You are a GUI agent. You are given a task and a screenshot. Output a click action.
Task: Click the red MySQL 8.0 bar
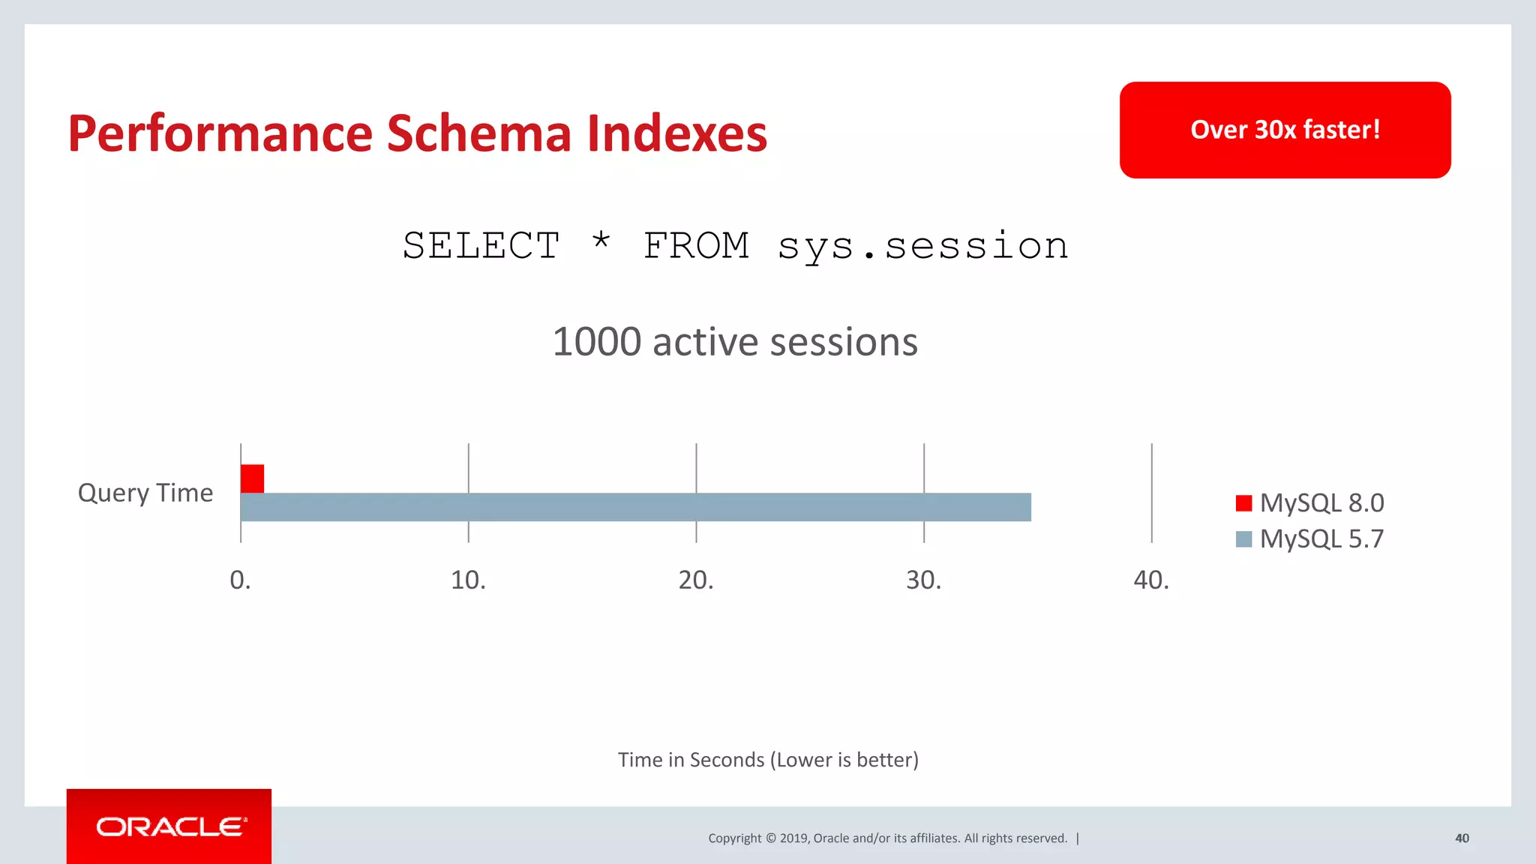click(x=252, y=478)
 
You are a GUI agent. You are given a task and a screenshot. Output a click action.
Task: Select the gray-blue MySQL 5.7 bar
click(x=635, y=507)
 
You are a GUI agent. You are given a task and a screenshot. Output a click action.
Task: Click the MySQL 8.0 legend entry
click(x=1309, y=502)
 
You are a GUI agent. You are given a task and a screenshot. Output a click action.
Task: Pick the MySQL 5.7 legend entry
click(x=1309, y=538)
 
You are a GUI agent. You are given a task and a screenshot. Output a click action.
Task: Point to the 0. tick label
click(x=240, y=580)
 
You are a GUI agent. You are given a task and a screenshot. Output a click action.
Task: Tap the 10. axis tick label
click(x=468, y=580)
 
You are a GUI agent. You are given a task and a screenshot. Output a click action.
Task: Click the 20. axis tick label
click(x=696, y=580)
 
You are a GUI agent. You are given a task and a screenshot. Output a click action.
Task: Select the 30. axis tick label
click(x=923, y=580)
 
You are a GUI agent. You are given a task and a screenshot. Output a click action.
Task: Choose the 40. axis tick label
click(x=1151, y=580)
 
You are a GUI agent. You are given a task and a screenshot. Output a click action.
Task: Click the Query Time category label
click(x=145, y=493)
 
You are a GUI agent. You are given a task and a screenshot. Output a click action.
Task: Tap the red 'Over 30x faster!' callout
click(x=1285, y=130)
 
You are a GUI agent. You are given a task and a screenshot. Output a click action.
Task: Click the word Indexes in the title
click(x=676, y=133)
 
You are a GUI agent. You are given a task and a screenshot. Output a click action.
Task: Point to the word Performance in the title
click(x=220, y=133)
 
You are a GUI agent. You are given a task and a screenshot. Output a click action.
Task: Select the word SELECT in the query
click(x=481, y=246)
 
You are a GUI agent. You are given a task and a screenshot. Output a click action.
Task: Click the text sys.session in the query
click(x=922, y=246)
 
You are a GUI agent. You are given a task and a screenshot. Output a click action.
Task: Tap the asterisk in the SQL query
click(x=601, y=241)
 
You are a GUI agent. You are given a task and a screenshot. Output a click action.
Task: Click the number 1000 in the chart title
click(x=596, y=342)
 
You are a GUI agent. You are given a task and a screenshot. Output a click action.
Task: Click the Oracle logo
click(x=169, y=826)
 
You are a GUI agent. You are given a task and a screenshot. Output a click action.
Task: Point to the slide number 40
click(x=1462, y=838)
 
